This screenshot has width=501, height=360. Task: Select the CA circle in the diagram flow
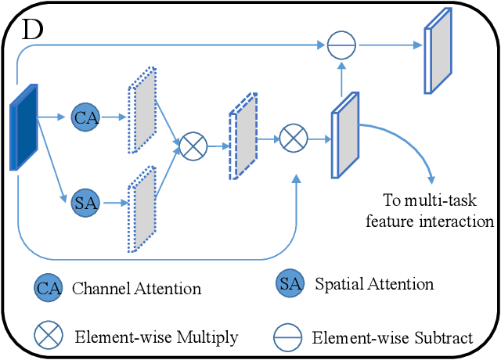(x=85, y=117)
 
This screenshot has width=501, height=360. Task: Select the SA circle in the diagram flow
(x=85, y=203)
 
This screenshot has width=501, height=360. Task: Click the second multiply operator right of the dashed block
(x=293, y=140)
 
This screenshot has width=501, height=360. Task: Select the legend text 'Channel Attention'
(x=136, y=288)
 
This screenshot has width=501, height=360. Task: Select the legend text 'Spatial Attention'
(x=373, y=283)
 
